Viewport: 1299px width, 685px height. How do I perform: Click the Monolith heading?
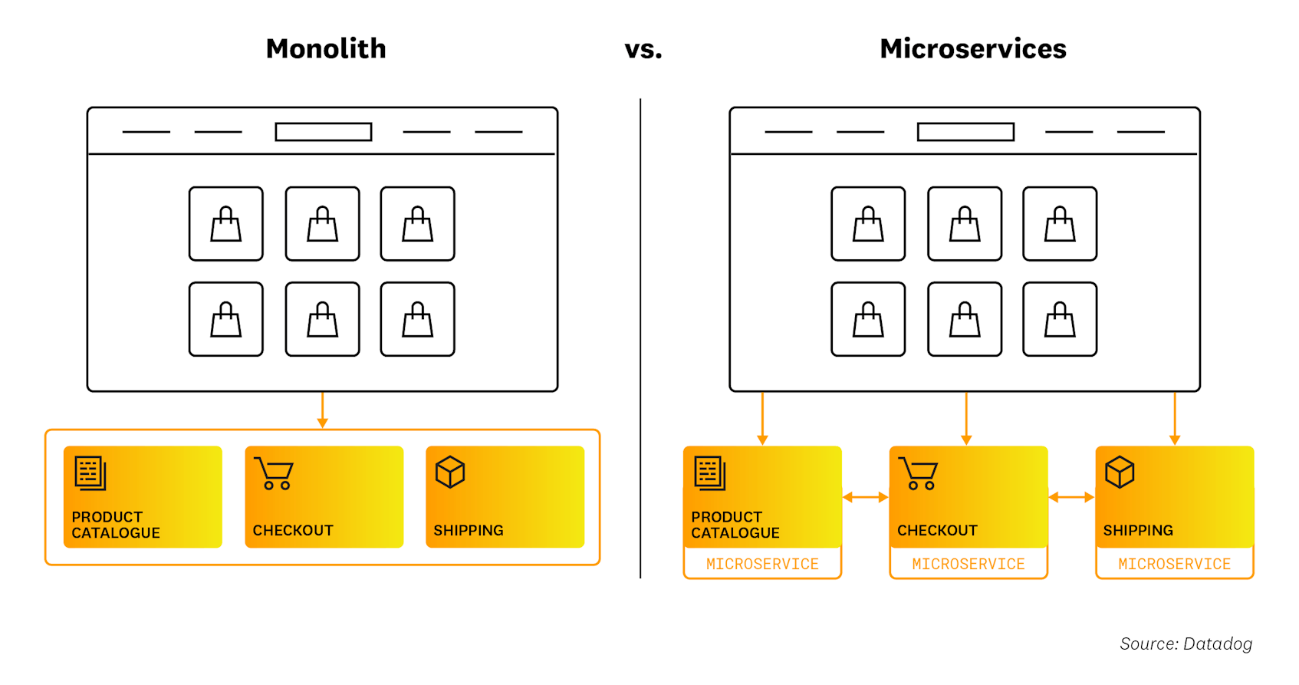[326, 49]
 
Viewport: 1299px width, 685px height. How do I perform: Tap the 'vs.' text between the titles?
[643, 50]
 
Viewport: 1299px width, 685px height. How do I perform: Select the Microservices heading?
[972, 49]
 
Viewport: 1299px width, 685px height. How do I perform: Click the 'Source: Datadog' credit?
[1186, 644]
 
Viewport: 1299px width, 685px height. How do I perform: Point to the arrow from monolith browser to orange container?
[322, 410]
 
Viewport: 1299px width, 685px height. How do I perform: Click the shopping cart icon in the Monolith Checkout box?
[275, 473]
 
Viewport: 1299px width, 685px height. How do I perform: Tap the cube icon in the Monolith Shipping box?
[450, 473]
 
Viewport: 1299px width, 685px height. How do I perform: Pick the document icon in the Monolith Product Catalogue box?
[90, 473]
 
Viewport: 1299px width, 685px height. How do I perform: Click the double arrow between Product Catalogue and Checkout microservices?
[865, 497]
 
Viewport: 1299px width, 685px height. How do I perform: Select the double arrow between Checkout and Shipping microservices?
[1071, 497]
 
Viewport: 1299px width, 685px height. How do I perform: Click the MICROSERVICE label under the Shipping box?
[1174, 565]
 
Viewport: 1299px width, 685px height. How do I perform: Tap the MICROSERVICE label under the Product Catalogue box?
[762, 565]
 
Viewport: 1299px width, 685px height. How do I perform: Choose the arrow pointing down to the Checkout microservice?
[966, 418]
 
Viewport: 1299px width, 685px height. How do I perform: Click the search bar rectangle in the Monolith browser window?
[324, 132]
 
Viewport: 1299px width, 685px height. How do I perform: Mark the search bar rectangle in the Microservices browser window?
[965, 132]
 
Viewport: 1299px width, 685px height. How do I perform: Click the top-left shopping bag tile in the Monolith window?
[226, 224]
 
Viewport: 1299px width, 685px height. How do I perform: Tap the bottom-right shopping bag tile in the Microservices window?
[1060, 319]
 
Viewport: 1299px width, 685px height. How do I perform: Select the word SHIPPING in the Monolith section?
[469, 531]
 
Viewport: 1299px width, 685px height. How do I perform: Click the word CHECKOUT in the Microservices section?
[937, 531]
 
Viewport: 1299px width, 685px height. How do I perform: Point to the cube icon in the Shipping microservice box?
[1120, 473]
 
